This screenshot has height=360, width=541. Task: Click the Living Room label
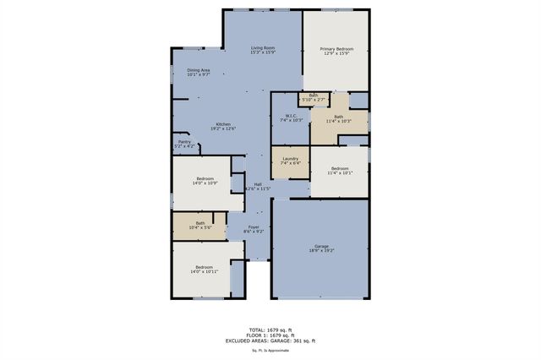pyautogui.click(x=263, y=51)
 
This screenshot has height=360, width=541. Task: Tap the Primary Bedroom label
pyautogui.click(x=336, y=52)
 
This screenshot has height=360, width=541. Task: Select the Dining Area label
pyautogui.click(x=199, y=73)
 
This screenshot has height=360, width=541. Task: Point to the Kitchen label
pyautogui.click(x=223, y=126)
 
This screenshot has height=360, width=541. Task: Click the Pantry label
pyautogui.click(x=184, y=144)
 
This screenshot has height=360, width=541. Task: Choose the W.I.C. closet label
pyautogui.click(x=291, y=118)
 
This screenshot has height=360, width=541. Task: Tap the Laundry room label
pyautogui.click(x=291, y=161)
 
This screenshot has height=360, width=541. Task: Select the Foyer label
pyautogui.click(x=254, y=229)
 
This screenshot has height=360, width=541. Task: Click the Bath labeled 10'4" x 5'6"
pyautogui.click(x=199, y=226)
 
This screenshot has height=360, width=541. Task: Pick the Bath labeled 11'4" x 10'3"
pyautogui.click(x=338, y=119)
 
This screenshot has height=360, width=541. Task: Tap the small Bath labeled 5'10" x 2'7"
pyautogui.click(x=314, y=97)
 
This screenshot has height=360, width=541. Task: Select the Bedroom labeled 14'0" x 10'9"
pyautogui.click(x=205, y=181)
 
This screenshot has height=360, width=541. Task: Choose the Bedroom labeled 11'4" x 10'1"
pyautogui.click(x=339, y=172)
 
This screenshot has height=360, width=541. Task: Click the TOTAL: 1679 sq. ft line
pyautogui.click(x=270, y=329)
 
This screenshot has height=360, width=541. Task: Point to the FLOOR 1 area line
pyautogui.click(x=270, y=335)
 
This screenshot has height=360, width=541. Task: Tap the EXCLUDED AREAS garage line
pyautogui.click(x=270, y=341)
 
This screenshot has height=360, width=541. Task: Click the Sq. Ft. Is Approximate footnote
pyautogui.click(x=270, y=350)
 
